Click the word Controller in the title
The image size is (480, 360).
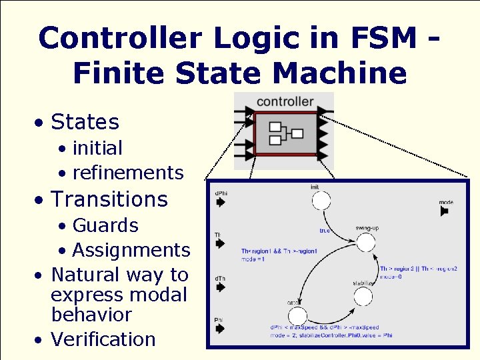120,38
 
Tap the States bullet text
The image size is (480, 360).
85,122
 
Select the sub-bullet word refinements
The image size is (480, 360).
127,173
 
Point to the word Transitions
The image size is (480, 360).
109,199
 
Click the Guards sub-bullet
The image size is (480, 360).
105,225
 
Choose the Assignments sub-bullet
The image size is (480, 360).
131,250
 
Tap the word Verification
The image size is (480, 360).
103,339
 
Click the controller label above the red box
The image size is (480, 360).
285,101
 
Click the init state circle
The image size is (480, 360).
321,201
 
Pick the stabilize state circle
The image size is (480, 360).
363,297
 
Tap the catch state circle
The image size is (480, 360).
297,316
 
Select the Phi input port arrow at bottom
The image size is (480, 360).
221,329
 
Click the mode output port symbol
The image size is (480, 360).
445,211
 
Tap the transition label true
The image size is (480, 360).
325,231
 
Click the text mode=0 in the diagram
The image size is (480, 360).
391,276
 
